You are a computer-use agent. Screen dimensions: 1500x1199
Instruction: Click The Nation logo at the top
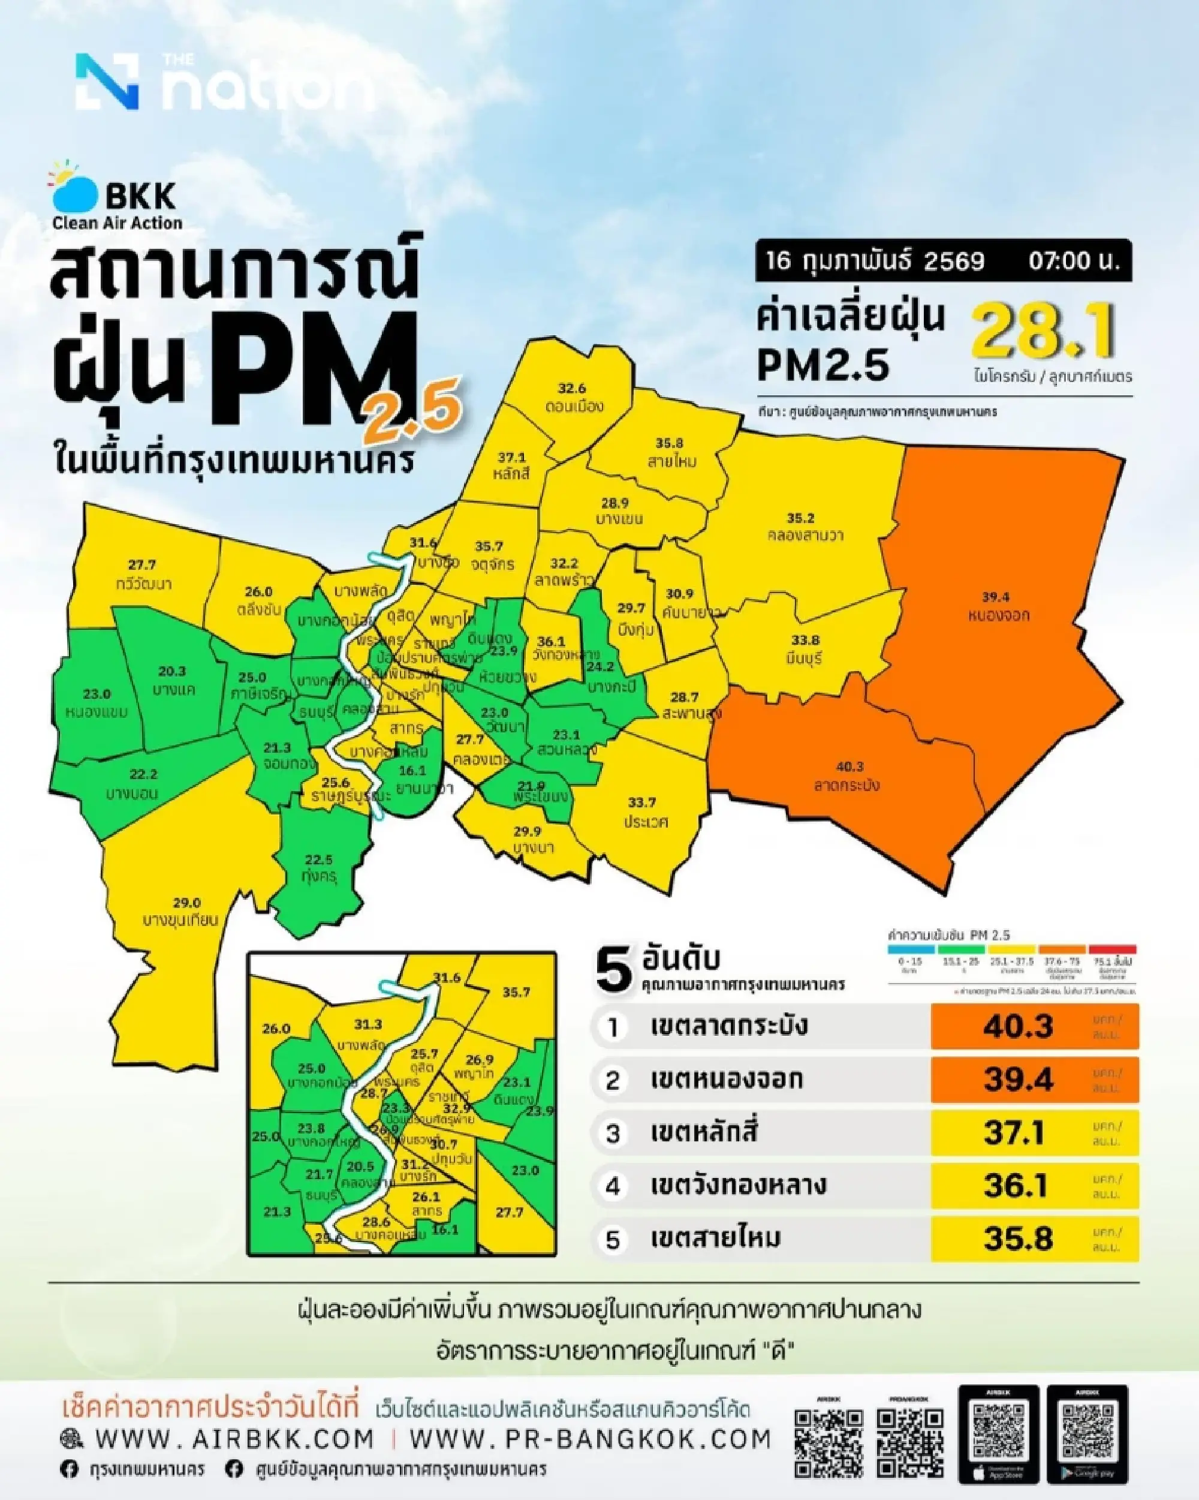[222, 82]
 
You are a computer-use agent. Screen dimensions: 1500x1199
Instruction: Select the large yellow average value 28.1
[1043, 332]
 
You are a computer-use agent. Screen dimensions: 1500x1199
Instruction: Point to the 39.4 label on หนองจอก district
[995, 597]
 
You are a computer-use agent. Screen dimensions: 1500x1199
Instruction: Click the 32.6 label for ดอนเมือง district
[572, 388]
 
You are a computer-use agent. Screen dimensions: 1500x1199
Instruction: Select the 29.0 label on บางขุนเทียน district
[186, 903]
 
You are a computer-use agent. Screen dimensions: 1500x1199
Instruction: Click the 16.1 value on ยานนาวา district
[412, 771]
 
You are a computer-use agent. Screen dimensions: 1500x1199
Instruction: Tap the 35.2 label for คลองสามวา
[800, 518]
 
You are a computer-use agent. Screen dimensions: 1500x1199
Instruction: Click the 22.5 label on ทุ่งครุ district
[318, 860]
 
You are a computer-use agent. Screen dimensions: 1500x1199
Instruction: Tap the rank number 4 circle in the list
[613, 1186]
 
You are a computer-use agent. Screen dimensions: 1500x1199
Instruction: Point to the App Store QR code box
[998, 1433]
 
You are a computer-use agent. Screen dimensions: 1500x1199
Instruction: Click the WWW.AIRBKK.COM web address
[234, 1438]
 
